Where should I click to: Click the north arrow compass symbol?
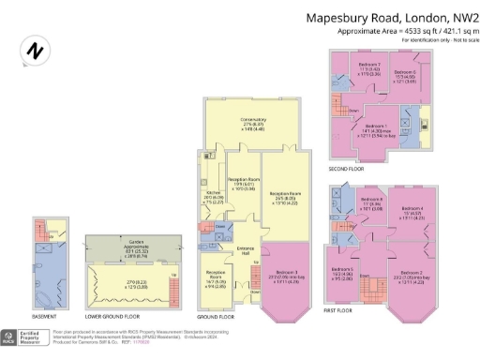pos(36,51)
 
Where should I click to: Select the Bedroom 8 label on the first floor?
pos(372,200)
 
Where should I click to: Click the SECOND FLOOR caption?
pos(345,169)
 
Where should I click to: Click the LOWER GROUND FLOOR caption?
pos(113,315)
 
